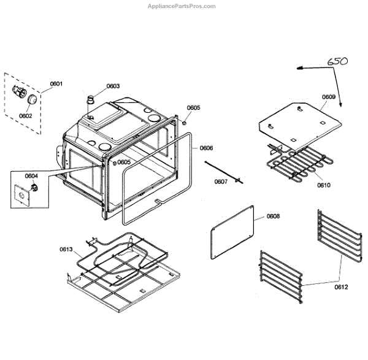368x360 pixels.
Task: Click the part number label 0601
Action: click(x=56, y=83)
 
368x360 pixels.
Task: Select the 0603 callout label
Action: click(x=113, y=86)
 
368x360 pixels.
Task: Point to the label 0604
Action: click(x=31, y=176)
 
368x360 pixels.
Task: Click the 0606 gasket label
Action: click(x=206, y=148)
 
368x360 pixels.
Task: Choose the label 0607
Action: click(x=221, y=182)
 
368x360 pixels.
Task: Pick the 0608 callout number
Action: click(x=273, y=216)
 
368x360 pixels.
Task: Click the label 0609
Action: click(x=328, y=97)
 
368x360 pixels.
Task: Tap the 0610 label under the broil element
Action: click(x=324, y=184)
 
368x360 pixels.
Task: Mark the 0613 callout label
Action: click(x=66, y=249)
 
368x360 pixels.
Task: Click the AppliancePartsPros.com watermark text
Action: click(x=183, y=6)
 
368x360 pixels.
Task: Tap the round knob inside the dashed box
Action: click(x=31, y=99)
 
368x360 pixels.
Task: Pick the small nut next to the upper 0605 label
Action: click(x=184, y=121)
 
